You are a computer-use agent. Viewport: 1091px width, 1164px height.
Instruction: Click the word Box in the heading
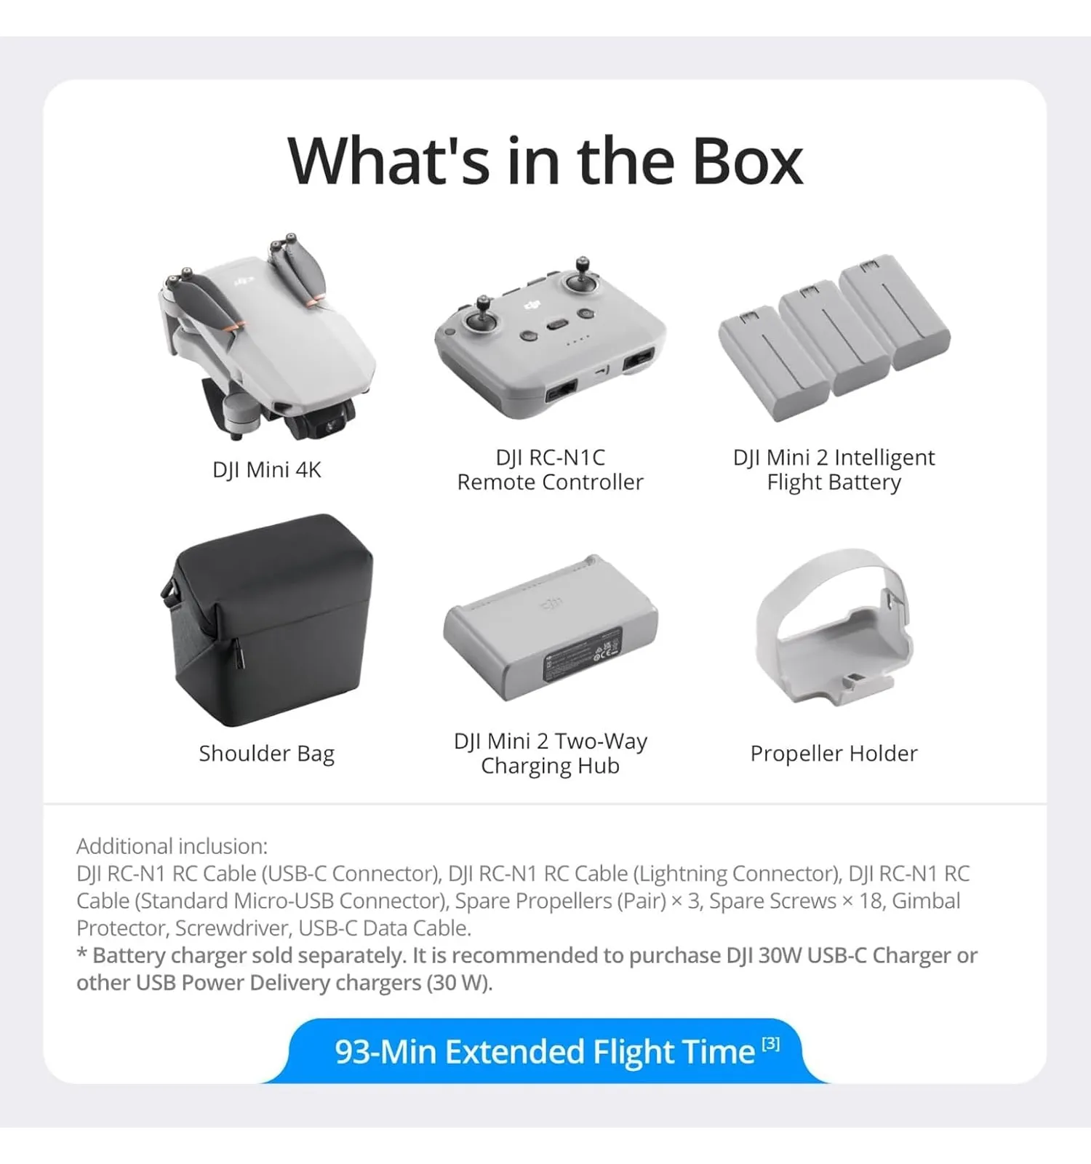click(x=748, y=161)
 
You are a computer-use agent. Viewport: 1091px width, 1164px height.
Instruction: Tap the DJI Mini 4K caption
click(x=267, y=470)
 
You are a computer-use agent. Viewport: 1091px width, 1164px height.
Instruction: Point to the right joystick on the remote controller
click(x=582, y=278)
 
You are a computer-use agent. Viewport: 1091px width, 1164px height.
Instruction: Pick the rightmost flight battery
click(x=894, y=312)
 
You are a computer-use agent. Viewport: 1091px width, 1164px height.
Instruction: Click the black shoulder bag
click(x=267, y=619)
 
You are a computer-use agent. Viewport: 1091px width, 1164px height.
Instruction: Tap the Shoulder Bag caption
click(x=267, y=754)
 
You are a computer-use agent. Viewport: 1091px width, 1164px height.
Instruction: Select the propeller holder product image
click(x=833, y=626)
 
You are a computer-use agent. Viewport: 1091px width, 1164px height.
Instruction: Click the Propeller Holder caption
click(x=834, y=754)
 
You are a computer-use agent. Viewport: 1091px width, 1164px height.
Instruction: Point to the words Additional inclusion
click(x=172, y=846)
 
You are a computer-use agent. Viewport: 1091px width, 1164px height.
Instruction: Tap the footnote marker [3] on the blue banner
click(x=771, y=1045)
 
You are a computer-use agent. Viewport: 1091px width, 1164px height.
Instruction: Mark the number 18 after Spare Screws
click(x=871, y=901)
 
